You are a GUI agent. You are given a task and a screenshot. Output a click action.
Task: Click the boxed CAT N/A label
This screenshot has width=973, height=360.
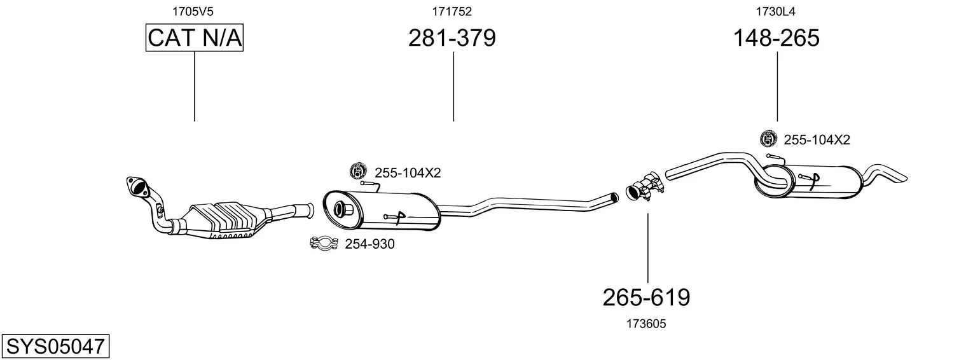(x=194, y=38)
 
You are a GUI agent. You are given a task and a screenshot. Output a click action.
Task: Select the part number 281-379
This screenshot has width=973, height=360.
(x=452, y=38)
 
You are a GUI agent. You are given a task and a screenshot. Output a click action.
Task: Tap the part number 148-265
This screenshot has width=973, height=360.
(x=776, y=38)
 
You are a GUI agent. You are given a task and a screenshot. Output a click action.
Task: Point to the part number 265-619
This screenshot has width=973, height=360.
(x=646, y=298)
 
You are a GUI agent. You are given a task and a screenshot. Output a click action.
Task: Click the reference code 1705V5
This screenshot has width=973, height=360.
(x=193, y=11)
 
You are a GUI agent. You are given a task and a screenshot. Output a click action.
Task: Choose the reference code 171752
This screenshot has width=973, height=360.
(x=452, y=11)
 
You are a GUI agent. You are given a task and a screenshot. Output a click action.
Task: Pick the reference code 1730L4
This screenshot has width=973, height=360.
(x=776, y=11)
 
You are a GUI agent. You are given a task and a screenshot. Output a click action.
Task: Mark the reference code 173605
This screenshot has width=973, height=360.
(x=646, y=324)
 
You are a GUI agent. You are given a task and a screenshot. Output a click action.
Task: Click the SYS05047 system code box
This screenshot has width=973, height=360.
(x=55, y=347)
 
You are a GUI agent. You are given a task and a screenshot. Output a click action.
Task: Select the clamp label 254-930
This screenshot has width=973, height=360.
(x=369, y=244)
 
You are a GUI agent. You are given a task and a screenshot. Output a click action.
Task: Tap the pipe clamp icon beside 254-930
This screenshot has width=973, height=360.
(x=324, y=243)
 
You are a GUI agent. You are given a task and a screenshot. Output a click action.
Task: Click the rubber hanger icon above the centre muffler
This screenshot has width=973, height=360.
(x=359, y=170)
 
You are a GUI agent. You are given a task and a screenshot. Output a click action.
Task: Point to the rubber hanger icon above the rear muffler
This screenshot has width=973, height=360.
(x=768, y=138)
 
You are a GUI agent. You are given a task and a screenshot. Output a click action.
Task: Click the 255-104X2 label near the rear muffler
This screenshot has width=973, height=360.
(x=817, y=140)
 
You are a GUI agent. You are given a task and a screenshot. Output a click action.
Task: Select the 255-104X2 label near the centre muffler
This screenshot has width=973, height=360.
(x=408, y=173)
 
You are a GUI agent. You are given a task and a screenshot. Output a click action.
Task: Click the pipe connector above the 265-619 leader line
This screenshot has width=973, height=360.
(x=645, y=187)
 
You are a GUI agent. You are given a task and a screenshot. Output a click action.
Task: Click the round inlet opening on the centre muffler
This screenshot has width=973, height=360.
(x=338, y=209)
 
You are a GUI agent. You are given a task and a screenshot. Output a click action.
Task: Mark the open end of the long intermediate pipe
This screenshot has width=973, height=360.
(x=614, y=197)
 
